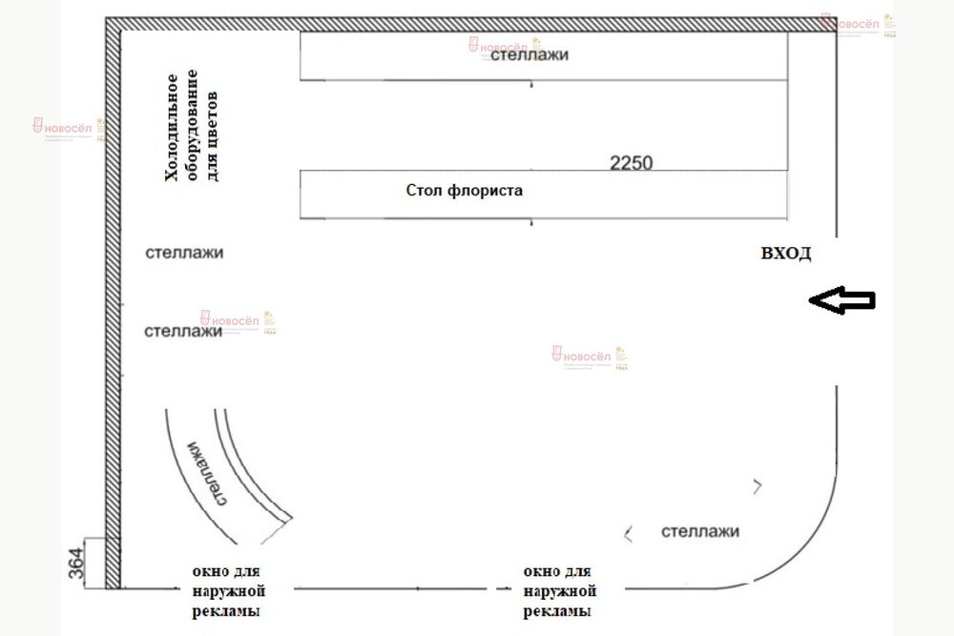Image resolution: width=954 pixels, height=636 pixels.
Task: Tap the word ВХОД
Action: pos(785,254)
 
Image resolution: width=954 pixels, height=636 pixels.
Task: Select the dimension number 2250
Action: pos(631,162)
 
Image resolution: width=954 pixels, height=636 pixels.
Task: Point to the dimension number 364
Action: pos(75,563)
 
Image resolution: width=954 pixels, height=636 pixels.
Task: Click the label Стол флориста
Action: pos(464,191)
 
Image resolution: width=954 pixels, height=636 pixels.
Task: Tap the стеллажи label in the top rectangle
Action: pos(529,55)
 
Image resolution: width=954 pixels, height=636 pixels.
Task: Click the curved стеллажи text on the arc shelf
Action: pos(207,473)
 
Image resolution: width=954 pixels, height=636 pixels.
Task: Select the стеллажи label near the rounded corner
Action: pos(700,531)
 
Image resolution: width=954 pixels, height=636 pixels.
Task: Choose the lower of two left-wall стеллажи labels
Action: pos(182,332)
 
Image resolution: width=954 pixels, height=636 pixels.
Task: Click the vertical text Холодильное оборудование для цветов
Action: pos(191,135)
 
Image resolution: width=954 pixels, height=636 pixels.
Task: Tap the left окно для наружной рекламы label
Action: pos(225,592)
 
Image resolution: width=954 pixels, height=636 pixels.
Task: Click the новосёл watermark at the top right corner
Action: pos(857,25)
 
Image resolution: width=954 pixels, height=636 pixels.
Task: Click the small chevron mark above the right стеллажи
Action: pos(757,486)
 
